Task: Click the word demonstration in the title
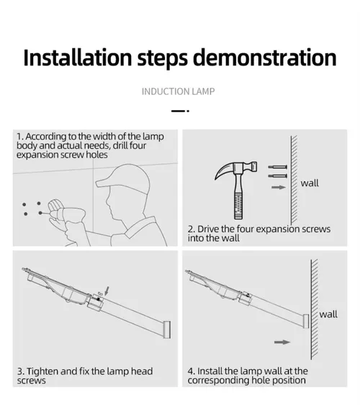coord(265,58)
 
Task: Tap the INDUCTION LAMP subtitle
coord(179,91)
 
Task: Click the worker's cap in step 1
coord(124,178)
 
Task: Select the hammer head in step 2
coord(235,170)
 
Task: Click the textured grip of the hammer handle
coord(238,206)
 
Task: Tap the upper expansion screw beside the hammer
coord(277,167)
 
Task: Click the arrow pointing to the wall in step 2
coord(279,187)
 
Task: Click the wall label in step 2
coord(310,183)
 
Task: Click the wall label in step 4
coord(328,314)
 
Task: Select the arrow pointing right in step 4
coord(282,342)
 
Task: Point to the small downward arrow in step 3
coord(107,291)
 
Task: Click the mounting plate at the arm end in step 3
coord(167,329)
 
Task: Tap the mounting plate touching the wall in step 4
coord(306,322)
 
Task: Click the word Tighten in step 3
coord(43,371)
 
